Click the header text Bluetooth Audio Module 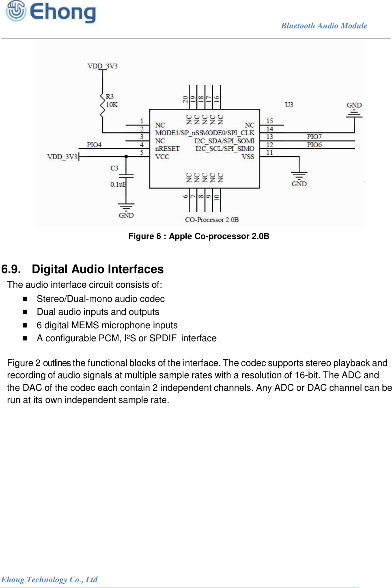tap(324, 26)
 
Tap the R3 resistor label tap(110, 97)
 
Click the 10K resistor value tap(112, 105)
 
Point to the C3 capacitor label tap(114, 168)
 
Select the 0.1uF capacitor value tap(118, 184)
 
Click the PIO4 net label tap(94, 145)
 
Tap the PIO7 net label tap(314, 137)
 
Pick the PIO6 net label tap(314, 145)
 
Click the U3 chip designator tap(289, 105)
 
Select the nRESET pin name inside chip tap(167, 149)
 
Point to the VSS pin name tap(248, 157)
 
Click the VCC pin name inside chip tap(162, 157)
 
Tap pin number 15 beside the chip tap(269, 121)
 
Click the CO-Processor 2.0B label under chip tap(212, 220)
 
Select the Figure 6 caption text tap(198, 236)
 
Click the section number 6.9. tap(11, 269)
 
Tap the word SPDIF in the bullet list tap(163, 338)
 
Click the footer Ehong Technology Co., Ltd tap(49, 579)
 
